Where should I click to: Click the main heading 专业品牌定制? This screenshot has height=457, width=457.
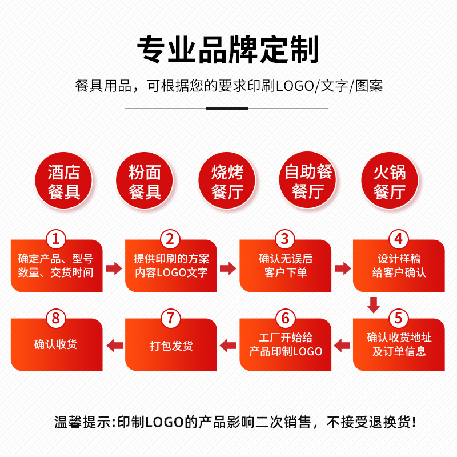click(x=228, y=50)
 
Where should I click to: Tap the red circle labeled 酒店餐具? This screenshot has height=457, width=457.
click(x=63, y=180)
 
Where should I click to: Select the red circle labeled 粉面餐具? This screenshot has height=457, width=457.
click(x=145, y=180)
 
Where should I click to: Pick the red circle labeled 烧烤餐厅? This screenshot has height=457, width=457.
click(x=227, y=180)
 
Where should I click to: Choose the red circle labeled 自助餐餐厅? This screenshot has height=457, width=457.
click(x=308, y=179)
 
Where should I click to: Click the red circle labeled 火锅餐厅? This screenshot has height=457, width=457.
click(x=390, y=180)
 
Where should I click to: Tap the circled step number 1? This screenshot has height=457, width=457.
click(x=55, y=239)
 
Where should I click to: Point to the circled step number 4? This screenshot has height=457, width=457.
click(x=398, y=239)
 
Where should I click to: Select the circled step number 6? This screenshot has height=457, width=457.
click(x=285, y=318)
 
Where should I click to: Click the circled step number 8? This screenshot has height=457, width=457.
click(x=55, y=318)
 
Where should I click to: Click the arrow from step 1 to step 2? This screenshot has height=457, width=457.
click(x=114, y=268)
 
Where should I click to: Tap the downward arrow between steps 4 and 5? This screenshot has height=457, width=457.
click(x=374, y=305)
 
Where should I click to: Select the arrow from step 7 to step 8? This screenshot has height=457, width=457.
click(x=115, y=346)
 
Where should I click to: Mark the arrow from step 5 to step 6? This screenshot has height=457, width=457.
click(x=342, y=346)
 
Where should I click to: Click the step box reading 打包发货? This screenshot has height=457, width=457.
click(x=171, y=345)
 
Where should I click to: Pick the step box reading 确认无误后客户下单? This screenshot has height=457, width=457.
click(x=285, y=266)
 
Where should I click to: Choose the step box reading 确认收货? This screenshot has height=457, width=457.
click(x=57, y=345)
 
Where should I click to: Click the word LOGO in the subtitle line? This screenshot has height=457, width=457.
click(x=295, y=86)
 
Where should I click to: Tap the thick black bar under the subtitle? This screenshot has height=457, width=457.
click(x=227, y=108)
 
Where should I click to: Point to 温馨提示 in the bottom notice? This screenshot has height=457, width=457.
click(x=82, y=422)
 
